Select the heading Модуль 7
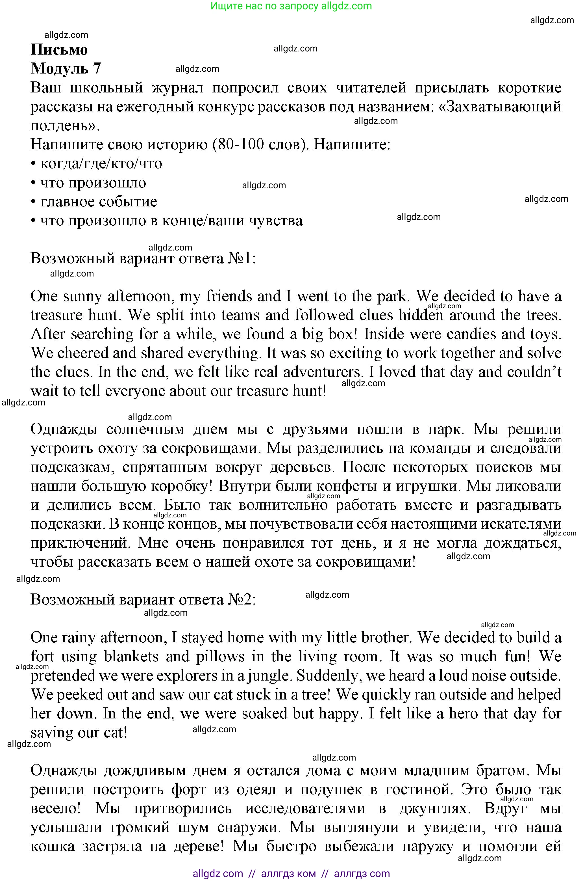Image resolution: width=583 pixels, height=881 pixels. (66, 68)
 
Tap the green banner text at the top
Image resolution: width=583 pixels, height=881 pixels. (291, 6)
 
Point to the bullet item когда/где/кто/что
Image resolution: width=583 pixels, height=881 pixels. (101, 163)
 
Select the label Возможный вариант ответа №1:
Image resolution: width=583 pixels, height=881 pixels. (143, 258)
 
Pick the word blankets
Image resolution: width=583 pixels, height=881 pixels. (131, 657)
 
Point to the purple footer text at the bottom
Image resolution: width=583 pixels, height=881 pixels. (291, 874)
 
